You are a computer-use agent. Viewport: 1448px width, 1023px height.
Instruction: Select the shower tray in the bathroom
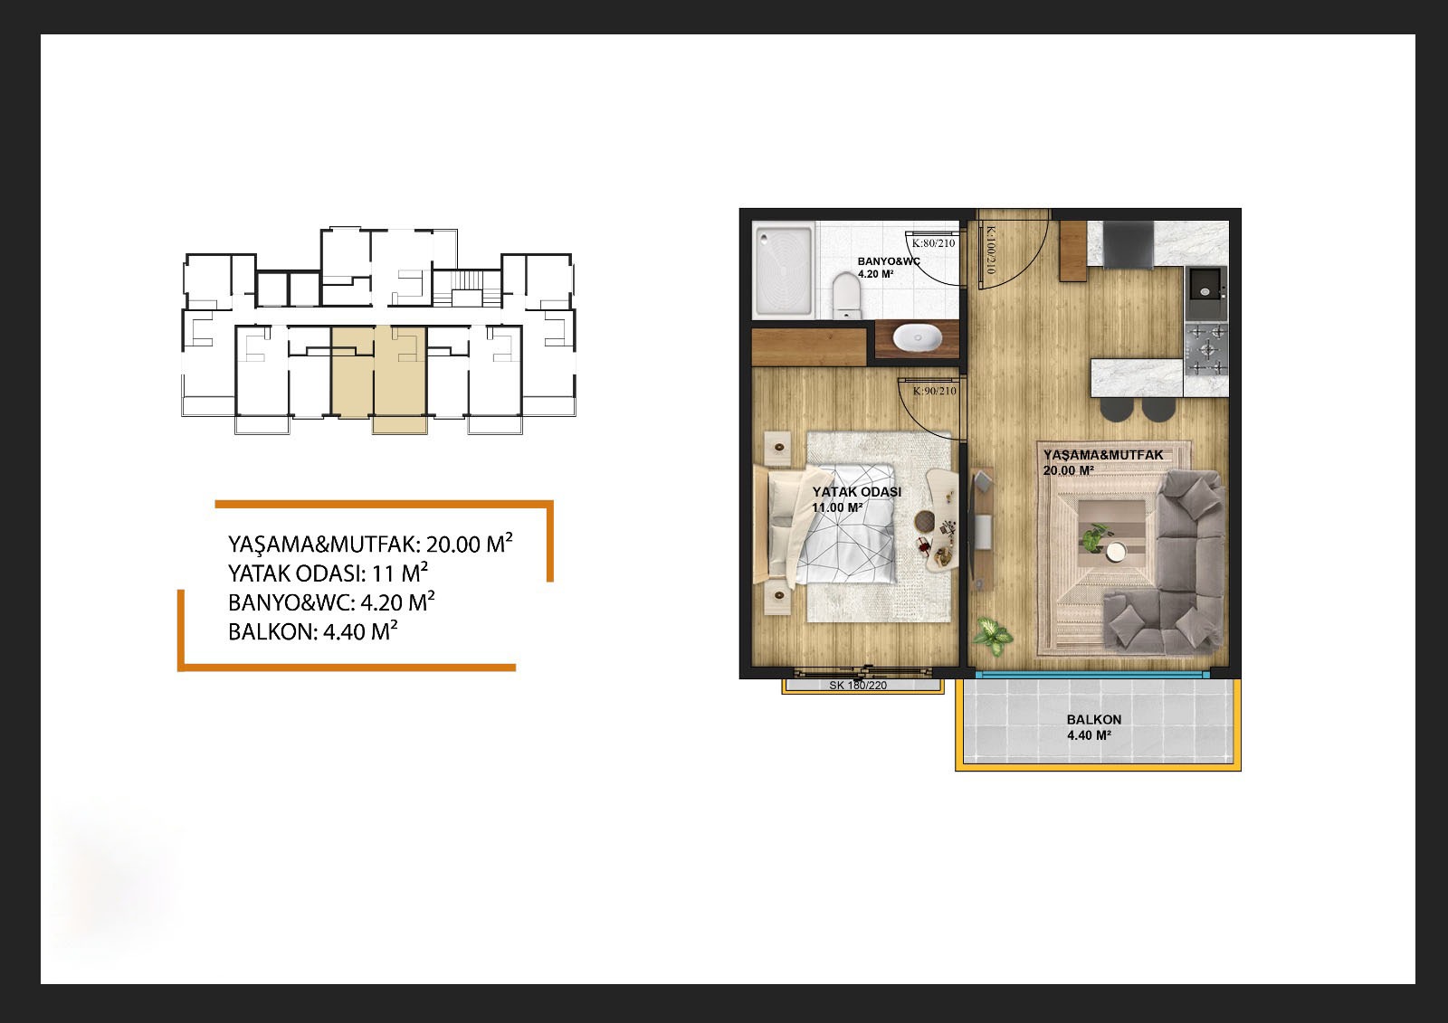[x=782, y=270]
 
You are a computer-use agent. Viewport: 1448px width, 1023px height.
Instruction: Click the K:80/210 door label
[x=933, y=243]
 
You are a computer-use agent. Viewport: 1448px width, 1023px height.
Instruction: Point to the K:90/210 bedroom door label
[x=934, y=391]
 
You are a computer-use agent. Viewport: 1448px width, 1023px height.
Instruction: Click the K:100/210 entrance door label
[x=990, y=250]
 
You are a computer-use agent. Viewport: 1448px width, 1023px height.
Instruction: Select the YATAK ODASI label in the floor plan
[x=856, y=492]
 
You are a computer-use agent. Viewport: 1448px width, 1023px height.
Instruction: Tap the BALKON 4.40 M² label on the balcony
[x=1094, y=727]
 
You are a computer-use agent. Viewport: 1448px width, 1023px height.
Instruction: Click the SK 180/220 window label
[x=858, y=685]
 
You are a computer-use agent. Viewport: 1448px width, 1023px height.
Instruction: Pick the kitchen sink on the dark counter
[x=1205, y=290]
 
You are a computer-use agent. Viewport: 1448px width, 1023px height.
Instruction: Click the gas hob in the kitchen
[x=1205, y=350]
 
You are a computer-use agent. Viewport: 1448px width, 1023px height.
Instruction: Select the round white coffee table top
[x=1114, y=551]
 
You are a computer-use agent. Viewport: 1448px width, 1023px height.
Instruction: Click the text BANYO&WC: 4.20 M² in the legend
[x=331, y=601]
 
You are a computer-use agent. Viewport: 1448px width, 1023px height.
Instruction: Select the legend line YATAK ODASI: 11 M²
[x=328, y=573]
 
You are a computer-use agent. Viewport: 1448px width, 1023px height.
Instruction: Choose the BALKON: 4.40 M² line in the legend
[x=313, y=630]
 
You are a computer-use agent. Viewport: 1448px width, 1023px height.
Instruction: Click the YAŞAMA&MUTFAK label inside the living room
[x=1103, y=455]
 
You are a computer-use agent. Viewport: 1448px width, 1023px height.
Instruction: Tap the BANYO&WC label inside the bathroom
[x=888, y=261]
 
